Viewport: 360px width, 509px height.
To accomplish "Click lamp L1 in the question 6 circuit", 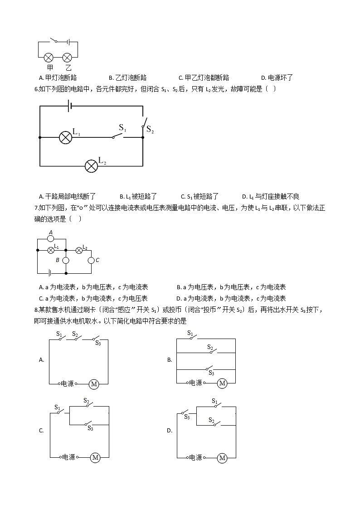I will tap(66, 137).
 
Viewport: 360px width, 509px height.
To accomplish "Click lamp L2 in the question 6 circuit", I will tap(92, 165).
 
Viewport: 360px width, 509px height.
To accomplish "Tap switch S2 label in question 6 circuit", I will tap(150, 131).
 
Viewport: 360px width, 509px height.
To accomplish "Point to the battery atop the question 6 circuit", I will tap(70, 106).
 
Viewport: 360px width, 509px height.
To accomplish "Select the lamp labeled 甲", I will tap(49, 58).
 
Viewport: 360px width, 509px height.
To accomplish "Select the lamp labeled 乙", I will tap(67, 58).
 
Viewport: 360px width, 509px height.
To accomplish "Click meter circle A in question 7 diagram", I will tap(51, 238).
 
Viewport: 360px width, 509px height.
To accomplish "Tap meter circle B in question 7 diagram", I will tap(66, 261).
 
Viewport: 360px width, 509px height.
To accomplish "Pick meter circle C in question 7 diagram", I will tap(91, 260).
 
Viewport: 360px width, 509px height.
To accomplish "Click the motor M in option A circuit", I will tap(94, 384).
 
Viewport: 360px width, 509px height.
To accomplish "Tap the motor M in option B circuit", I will tap(222, 383).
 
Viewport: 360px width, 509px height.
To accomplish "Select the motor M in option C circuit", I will tap(95, 458).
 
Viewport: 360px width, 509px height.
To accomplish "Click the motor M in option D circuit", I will tap(222, 458).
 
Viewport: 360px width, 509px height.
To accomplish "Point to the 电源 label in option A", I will tap(68, 383).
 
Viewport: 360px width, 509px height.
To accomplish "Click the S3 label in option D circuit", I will tap(187, 417).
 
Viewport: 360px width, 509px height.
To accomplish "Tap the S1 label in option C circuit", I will tap(58, 407).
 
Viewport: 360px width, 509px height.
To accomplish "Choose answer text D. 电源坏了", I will tap(277, 78).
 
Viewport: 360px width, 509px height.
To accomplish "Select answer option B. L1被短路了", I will tap(138, 196).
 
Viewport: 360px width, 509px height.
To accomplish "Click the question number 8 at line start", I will tap(36, 310).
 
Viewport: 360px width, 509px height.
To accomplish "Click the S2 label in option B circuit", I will tap(210, 347).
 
